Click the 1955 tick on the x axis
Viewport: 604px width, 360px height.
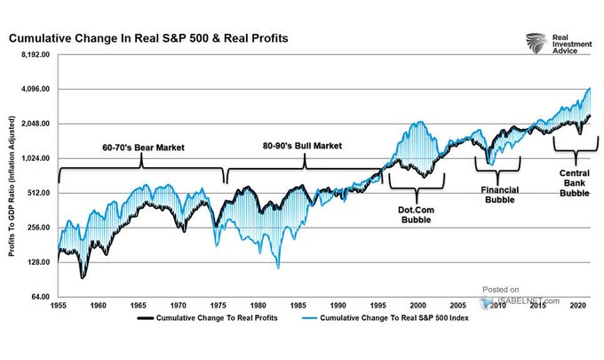pyautogui.click(x=58, y=305)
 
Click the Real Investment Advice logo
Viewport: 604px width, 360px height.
pyautogui.click(x=551, y=44)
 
